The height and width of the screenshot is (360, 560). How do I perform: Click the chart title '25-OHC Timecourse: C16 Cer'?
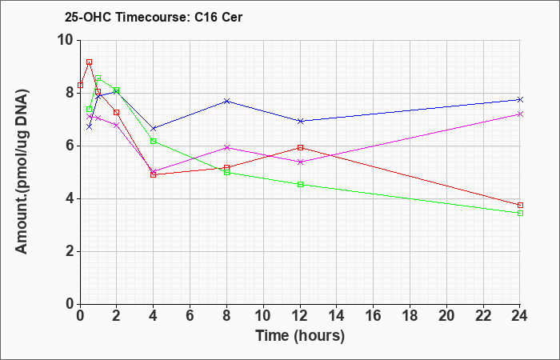(x=154, y=17)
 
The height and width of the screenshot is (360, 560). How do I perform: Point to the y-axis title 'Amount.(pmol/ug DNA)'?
(x=22, y=172)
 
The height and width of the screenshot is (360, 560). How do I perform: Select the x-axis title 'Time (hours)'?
(x=300, y=336)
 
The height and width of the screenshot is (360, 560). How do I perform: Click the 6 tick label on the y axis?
(x=70, y=146)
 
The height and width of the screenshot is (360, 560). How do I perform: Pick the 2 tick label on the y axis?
(x=70, y=252)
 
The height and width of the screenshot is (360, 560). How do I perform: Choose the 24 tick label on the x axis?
(x=520, y=316)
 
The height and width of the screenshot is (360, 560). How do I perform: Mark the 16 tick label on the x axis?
(x=374, y=316)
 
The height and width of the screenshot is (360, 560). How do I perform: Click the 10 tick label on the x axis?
(x=263, y=316)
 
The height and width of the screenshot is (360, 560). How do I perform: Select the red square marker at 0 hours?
(x=80, y=85)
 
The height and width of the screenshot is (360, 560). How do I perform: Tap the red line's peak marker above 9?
(x=90, y=62)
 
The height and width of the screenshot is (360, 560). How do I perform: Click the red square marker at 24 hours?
(x=520, y=205)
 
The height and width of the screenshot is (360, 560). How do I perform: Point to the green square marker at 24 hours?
(x=520, y=214)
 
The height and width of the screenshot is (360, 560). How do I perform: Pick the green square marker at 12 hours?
(x=300, y=184)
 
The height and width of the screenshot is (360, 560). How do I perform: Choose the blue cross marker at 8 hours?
(x=226, y=101)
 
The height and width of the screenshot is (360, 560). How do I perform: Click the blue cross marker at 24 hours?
(x=520, y=100)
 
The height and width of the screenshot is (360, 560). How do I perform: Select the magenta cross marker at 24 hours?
(x=520, y=114)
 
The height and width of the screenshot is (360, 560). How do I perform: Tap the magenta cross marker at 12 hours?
(x=300, y=162)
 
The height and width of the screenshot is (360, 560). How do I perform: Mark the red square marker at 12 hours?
(x=300, y=147)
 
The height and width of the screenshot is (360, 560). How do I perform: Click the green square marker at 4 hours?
(x=154, y=141)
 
